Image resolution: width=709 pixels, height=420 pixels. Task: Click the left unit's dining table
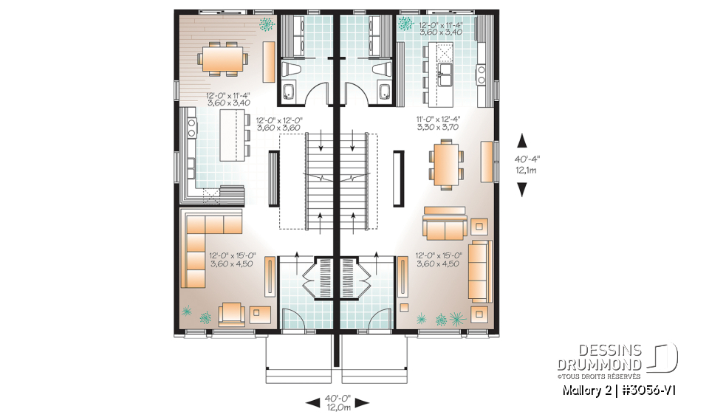pyautogui.click(x=221, y=57)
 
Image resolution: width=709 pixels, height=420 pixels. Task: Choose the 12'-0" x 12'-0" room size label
pyautogui.click(x=279, y=123)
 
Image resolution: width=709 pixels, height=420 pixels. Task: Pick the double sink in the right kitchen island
pyautogui.click(x=447, y=70)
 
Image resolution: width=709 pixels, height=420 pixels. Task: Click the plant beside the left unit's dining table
pyautogui.click(x=264, y=24)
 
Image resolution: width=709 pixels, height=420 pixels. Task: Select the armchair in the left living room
pyautogui.click(x=232, y=313)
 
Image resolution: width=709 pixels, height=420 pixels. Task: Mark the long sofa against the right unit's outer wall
pyautogui.click(x=481, y=269)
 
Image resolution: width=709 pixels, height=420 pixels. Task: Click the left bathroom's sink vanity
pyautogui.click(x=289, y=93)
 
